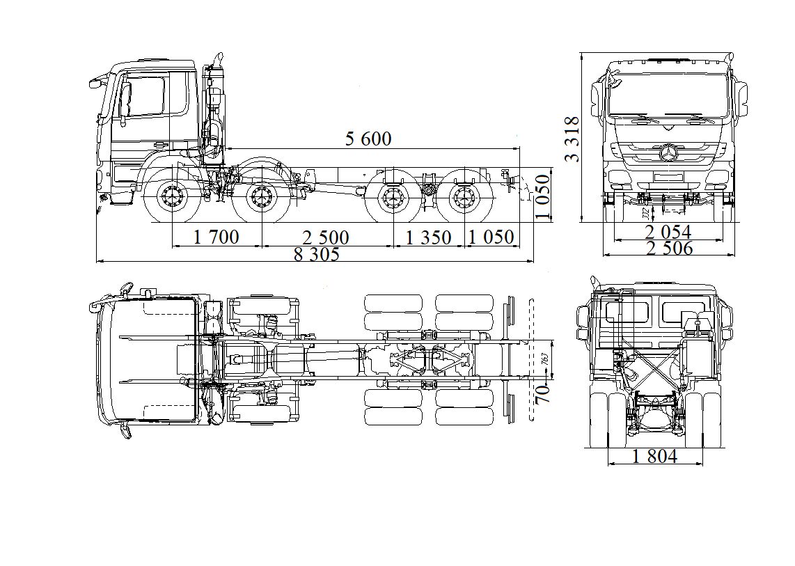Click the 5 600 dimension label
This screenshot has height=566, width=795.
(368, 139)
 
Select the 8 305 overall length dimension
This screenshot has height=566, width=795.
(316, 254)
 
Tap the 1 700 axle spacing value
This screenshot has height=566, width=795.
(216, 237)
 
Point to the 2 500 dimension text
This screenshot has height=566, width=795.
(325, 237)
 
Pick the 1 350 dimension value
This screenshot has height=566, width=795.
(428, 237)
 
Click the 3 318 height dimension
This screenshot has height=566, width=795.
(572, 139)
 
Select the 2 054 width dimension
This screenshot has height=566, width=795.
(668, 232)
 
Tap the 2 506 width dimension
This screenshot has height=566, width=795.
(669, 249)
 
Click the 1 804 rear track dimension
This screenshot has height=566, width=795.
(654, 457)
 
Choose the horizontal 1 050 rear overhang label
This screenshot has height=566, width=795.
(491, 237)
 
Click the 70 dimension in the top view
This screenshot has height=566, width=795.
(543, 394)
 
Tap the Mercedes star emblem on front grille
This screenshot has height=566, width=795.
(669, 154)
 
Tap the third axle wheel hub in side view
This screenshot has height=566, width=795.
(391, 199)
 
